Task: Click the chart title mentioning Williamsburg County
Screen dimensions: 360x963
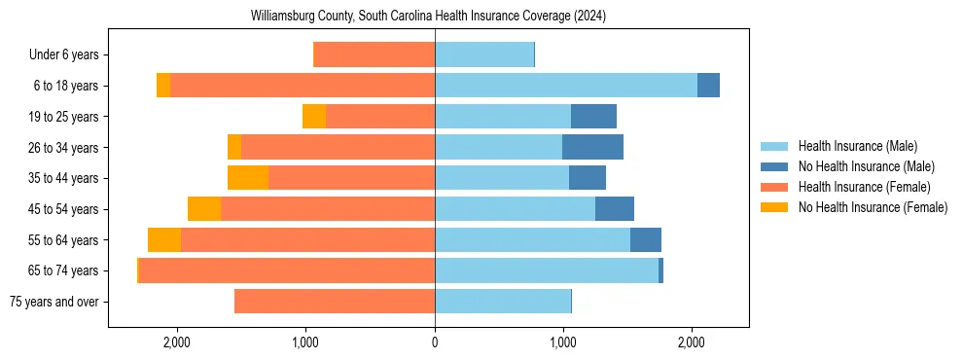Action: coord(428,16)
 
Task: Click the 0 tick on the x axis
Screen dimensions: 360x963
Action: coord(435,342)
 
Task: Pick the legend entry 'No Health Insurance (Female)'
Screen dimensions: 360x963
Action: coord(873,207)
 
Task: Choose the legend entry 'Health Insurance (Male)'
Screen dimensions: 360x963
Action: coord(857,146)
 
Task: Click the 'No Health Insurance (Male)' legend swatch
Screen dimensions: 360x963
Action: coord(774,166)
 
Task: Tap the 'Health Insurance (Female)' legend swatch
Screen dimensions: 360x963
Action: coord(774,187)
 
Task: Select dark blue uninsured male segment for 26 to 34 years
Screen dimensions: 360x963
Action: coord(592,147)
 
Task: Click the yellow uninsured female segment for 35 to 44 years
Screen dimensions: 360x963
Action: coord(248,178)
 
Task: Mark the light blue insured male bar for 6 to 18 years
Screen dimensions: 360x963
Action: coord(565,86)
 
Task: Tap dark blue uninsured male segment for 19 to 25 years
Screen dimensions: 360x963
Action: coord(593,117)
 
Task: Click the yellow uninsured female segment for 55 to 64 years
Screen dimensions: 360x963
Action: coord(164,239)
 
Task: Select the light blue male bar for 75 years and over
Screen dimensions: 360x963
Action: coord(503,302)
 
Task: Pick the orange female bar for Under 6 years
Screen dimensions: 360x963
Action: coord(374,55)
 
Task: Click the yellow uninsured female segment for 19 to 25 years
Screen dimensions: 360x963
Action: coord(314,117)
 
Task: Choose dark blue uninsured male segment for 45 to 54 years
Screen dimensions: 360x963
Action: coord(615,209)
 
